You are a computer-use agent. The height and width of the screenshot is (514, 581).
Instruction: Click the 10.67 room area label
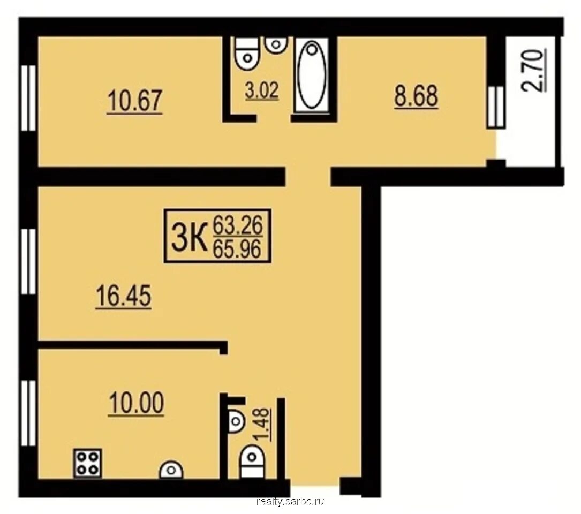(x=134, y=101)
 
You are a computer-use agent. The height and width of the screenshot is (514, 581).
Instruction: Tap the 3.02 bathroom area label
(x=262, y=91)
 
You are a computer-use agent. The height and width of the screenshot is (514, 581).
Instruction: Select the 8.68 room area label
(x=416, y=96)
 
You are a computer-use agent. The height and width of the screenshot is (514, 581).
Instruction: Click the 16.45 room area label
(x=123, y=297)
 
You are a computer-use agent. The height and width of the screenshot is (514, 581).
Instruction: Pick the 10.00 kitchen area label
(x=137, y=404)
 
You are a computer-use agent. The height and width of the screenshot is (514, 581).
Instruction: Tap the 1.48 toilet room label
(x=262, y=425)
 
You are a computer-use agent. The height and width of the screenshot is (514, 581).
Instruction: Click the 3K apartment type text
(x=188, y=236)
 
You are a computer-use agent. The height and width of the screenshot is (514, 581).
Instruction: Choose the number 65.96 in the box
(x=238, y=248)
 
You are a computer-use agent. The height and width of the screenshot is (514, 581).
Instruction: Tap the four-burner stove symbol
(x=88, y=463)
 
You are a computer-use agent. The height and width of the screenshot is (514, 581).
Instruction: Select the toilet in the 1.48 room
(x=252, y=462)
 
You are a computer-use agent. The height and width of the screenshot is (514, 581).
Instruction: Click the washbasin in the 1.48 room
(x=235, y=421)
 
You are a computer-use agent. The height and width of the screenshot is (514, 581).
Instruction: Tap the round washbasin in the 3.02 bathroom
(x=276, y=44)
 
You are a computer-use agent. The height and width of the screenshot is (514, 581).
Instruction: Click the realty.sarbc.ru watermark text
(x=290, y=501)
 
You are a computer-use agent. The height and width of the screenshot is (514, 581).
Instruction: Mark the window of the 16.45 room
(x=28, y=261)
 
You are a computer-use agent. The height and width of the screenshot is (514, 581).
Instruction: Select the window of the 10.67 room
(x=28, y=98)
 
